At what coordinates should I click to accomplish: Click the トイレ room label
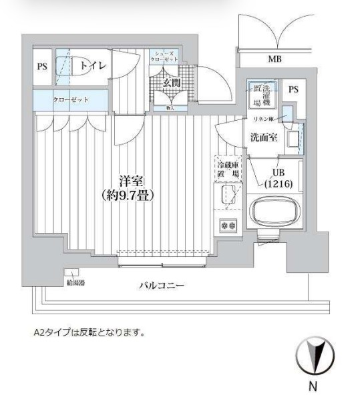click(86, 65)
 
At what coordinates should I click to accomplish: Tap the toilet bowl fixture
click(64, 67)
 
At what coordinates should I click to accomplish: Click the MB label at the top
click(275, 59)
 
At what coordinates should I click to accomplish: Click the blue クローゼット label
click(71, 99)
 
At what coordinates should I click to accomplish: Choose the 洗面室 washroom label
click(259, 138)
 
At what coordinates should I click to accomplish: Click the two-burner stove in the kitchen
click(227, 226)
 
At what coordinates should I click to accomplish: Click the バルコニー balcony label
click(162, 286)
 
